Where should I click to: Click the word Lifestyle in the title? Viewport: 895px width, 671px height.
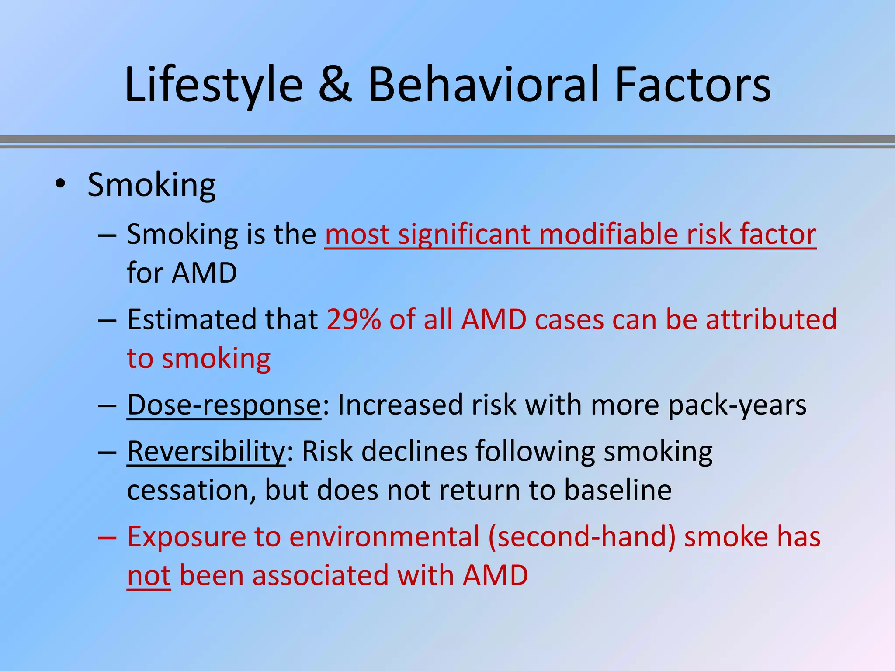pyautogui.click(x=214, y=85)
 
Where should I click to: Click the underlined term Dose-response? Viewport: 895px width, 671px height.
pyautogui.click(x=224, y=405)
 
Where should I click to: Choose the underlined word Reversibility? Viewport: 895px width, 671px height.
pyautogui.click(x=206, y=451)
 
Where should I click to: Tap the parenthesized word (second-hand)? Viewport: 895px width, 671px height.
pyautogui.click(x=582, y=537)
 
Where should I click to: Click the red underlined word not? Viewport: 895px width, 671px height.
pyautogui.click(x=149, y=576)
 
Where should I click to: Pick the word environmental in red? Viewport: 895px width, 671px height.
pyautogui.click(x=384, y=537)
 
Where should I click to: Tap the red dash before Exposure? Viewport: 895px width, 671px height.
pyautogui.click(x=107, y=537)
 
